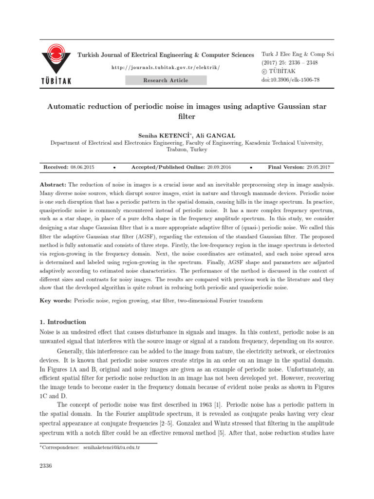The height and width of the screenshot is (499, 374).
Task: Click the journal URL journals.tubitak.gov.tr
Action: pos(166,67)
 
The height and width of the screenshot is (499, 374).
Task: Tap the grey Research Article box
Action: pos(166,80)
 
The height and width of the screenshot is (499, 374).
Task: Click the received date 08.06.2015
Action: pos(82,167)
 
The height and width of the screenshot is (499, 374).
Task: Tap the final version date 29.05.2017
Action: pos(318,167)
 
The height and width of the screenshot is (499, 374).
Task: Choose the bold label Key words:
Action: pos(56,301)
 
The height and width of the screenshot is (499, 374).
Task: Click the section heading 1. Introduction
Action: pos(62,322)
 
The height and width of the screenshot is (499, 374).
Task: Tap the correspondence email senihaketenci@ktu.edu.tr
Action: pos(112,447)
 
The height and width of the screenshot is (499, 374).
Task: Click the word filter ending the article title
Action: pos(187,117)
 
